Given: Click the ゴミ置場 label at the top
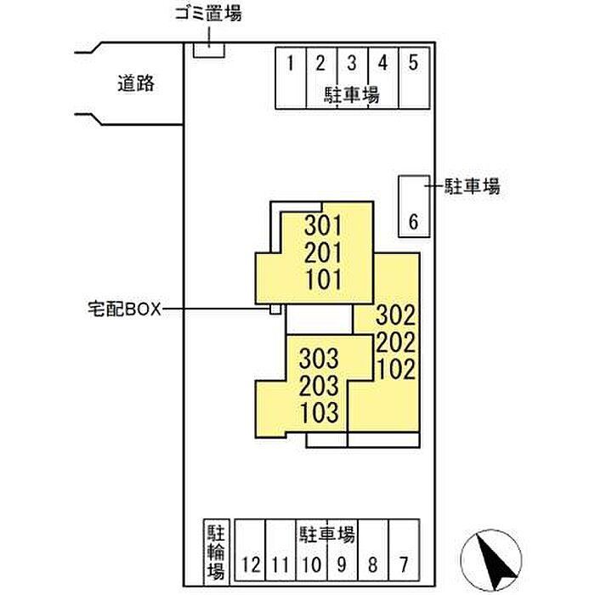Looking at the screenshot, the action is pyautogui.click(x=208, y=14).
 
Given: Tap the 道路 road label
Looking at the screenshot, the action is pyautogui.click(x=136, y=83).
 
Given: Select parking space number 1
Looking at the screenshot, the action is pyautogui.click(x=291, y=78).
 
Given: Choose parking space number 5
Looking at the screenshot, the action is pyautogui.click(x=414, y=78).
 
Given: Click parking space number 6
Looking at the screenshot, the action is pyautogui.click(x=414, y=207).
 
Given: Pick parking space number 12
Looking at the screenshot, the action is pyautogui.click(x=250, y=550).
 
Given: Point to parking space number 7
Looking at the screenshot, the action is pyautogui.click(x=404, y=550).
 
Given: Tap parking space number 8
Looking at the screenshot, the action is pyautogui.click(x=373, y=550).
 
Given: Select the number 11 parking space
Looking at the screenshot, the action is pyautogui.click(x=280, y=550).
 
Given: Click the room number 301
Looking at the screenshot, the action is pyautogui.click(x=323, y=225).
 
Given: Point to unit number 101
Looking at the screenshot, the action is pyautogui.click(x=323, y=280).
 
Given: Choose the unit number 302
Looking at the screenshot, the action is pyautogui.click(x=395, y=315).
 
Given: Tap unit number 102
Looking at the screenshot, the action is pyautogui.click(x=395, y=369).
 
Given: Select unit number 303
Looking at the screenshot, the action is pyautogui.click(x=319, y=359).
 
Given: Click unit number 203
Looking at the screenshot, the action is pyautogui.click(x=319, y=386).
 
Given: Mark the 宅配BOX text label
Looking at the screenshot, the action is pyautogui.click(x=124, y=309).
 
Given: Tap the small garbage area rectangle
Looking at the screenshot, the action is pyautogui.click(x=209, y=50).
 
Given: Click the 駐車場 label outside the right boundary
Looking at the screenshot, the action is pyautogui.click(x=473, y=186).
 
